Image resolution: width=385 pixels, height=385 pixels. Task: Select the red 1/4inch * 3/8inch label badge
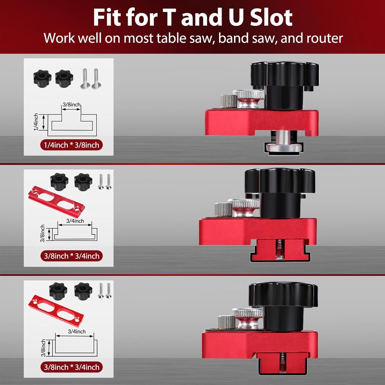click(71, 145)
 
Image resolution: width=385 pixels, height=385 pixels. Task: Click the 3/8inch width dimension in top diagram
click(72, 104)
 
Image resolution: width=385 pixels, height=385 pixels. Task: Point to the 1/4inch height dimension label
click(36, 122)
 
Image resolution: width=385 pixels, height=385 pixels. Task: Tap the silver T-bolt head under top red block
click(284, 148)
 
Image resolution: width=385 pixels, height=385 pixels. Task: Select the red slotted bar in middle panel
click(56, 199)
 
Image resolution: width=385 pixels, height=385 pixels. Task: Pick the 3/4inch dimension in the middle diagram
click(75, 221)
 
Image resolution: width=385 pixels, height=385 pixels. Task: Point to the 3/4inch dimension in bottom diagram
click(76, 331)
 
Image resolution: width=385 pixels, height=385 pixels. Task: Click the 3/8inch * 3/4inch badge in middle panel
click(71, 256)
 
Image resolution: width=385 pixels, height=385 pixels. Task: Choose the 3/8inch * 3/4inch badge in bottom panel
click(71, 367)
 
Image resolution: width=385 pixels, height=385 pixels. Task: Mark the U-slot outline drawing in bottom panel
click(76, 348)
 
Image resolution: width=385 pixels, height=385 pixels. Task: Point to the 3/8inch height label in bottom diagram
click(43, 348)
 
